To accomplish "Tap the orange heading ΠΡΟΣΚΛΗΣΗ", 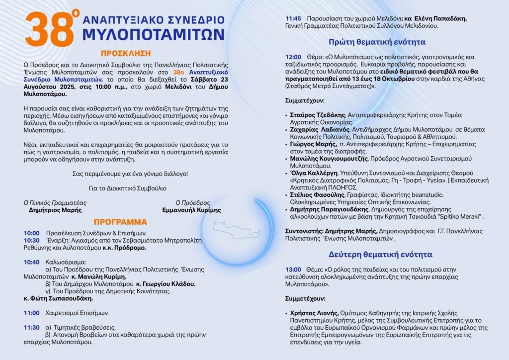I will click(x=125, y=53).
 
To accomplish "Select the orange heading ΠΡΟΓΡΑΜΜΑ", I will click(x=121, y=222).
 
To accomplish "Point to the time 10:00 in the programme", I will click(x=31, y=233).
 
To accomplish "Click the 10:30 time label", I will click(x=31, y=240).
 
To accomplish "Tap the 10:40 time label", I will click(x=31, y=262).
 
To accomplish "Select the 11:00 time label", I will click(x=31, y=313).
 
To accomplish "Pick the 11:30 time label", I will click(x=31, y=327).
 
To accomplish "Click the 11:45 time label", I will click(x=293, y=18).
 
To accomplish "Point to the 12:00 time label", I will click(x=293, y=57).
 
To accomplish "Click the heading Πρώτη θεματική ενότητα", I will click(x=377, y=42).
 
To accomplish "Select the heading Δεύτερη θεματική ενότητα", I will click(x=380, y=254).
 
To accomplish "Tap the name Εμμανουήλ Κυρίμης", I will click(x=191, y=210).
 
